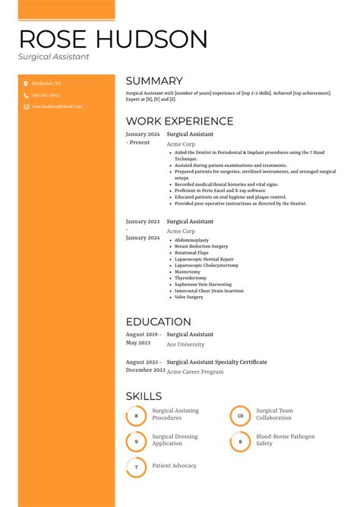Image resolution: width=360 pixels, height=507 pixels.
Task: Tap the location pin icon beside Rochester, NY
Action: tap(25, 83)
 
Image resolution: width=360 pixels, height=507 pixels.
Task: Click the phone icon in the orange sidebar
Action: tap(25, 96)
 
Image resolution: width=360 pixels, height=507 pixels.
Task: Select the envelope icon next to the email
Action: tap(25, 107)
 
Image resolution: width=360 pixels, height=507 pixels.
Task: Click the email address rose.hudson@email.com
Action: tap(57, 107)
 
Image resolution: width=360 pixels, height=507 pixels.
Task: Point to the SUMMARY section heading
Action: tap(154, 81)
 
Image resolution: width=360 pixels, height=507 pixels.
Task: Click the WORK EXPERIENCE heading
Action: tap(179, 121)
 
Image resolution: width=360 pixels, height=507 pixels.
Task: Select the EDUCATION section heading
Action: tap(158, 322)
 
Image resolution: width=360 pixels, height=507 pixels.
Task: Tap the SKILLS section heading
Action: tap(144, 396)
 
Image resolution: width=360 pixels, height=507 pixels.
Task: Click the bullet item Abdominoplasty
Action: tap(191, 240)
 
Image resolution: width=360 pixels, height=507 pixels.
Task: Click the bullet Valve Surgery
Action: tap(189, 297)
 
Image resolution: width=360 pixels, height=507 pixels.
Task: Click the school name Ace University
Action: tap(185, 345)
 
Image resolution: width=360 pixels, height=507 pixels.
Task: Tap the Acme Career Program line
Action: tap(195, 372)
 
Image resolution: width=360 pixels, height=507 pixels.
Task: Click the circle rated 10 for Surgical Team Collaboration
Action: tap(240, 415)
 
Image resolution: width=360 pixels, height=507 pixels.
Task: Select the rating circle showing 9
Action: tap(136, 441)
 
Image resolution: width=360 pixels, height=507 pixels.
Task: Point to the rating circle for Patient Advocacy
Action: tap(136, 467)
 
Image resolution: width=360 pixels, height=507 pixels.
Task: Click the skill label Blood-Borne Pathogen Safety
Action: tap(285, 440)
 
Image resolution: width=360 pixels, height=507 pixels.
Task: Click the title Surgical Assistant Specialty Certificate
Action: tap(216, 362)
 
